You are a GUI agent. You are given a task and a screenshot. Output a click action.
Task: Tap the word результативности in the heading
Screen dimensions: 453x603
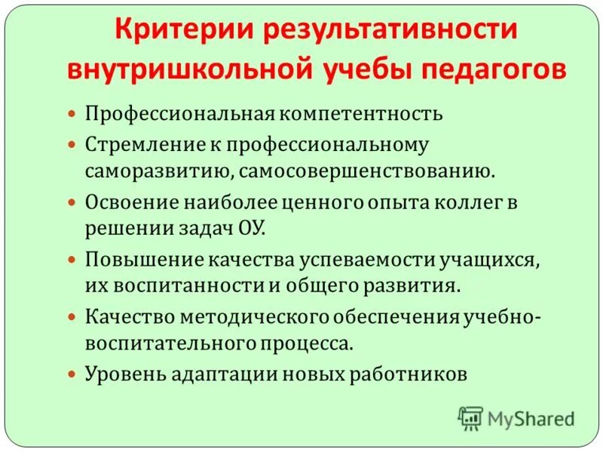390,32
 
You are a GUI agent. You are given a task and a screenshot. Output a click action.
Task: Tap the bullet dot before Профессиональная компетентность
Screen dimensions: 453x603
72,114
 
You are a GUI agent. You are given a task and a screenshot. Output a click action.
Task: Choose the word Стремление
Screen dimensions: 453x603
133,143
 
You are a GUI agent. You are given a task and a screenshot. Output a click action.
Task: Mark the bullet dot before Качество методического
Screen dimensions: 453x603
72,316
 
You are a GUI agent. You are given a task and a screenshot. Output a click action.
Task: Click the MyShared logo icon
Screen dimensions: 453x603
471,418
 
